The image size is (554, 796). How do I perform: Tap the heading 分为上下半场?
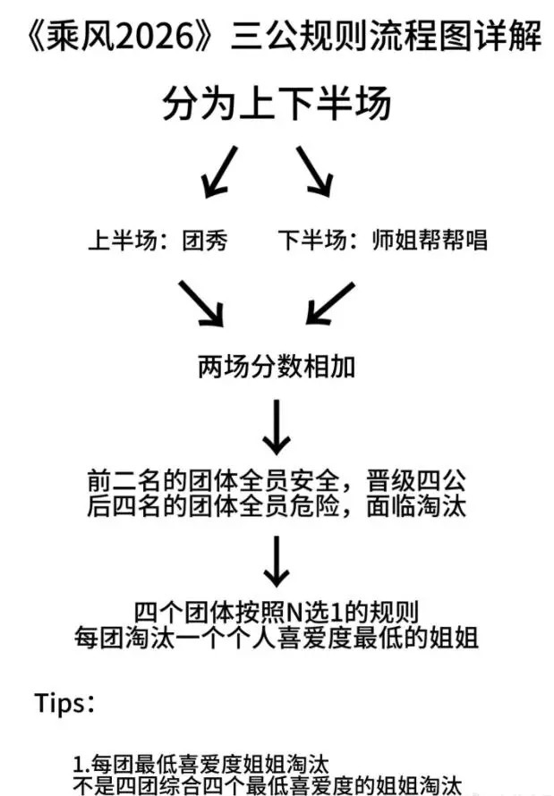tap(277, 103)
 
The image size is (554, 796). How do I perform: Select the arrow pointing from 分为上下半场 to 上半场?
tap(219, 172)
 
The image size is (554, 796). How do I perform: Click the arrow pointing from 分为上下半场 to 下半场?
tap(315, 172)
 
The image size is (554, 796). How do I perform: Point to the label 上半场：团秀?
tap(158, 240)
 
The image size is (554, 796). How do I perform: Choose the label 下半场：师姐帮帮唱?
tap(382, 240)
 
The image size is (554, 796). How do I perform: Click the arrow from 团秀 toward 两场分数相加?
tap(201, 303)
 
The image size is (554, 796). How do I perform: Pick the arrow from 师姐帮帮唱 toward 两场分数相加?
tap(330, 303)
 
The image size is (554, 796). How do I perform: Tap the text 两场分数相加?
tap(277, 367)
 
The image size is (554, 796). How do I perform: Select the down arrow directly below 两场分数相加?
tap(277, 427)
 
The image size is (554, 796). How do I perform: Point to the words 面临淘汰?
tap(415, 505)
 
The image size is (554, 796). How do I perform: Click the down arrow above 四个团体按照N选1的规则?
tap(277, 562)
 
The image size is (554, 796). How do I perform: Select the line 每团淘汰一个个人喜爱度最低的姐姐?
tap(277, 638)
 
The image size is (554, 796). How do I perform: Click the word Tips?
tap(60, 704)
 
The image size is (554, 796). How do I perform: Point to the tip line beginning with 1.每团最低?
tap(201, 764)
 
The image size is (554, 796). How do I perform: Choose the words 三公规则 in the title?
tap(299, 37)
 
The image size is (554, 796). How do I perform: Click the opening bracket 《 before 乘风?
tap(36, 37)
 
